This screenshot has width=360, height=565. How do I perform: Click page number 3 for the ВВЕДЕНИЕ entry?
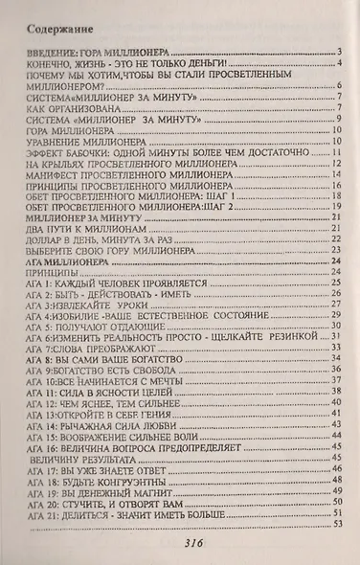point(340,51)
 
